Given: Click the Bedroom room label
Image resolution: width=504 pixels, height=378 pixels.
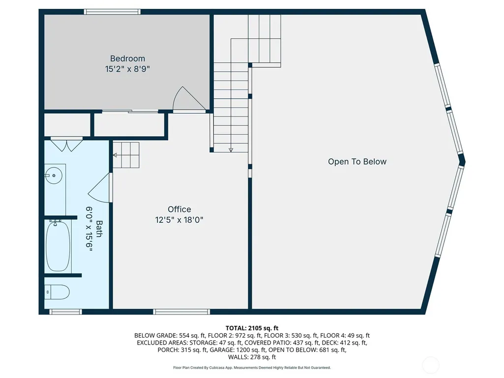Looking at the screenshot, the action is point(128,58).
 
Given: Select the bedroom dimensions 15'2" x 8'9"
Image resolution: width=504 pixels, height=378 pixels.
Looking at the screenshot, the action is point(128,69).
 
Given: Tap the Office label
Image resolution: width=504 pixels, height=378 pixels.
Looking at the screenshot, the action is point(179,209).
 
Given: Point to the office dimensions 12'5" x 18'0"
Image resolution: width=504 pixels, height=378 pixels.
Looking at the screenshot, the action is point(179,220).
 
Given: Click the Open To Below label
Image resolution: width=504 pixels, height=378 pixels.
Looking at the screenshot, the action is point(357,161).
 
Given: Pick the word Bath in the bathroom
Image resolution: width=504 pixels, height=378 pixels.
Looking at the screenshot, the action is point(99,229).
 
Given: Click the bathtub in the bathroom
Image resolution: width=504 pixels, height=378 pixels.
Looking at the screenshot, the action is point(58,246).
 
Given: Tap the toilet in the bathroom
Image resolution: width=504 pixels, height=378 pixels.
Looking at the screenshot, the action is point(57,292).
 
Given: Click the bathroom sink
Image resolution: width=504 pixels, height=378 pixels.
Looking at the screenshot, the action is point(54,175).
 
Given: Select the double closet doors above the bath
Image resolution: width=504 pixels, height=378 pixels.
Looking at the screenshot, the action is point(67,145).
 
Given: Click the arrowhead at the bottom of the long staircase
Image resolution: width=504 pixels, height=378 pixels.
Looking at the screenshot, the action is point(231,150).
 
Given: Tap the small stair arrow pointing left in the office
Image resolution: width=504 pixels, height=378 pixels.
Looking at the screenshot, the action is point(115,155).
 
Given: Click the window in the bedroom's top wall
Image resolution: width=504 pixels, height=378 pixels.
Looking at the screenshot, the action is point(112,12).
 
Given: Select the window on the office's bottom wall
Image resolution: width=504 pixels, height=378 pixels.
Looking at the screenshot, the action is point(181,312).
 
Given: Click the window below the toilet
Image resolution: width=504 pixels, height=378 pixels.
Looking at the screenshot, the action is point(65,312).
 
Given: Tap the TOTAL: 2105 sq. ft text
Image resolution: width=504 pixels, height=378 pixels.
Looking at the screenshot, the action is point(252,328).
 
